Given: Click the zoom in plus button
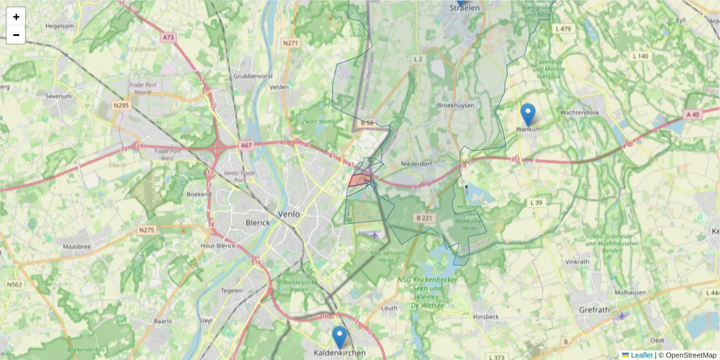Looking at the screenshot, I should (x=16, y=17).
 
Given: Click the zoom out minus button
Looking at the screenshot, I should (x=16, y=35).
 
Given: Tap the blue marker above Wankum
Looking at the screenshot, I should (x=528, y=115).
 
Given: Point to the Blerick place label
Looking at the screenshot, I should (x=258, y=222).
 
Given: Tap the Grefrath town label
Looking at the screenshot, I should (x=594, y=310).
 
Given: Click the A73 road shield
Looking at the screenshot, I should (x=168, y=37).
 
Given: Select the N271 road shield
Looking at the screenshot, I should (x=290, y=43).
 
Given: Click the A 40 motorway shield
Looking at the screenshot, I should (x=692, y=114).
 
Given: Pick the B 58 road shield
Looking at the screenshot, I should (x=367, y=122).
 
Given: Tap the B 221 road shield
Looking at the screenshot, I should (x=424, y=218).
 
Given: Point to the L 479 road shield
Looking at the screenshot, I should (x=563, y=28).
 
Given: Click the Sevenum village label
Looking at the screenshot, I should (x=59, y=96).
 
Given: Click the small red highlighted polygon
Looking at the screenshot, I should (x=359, y=179).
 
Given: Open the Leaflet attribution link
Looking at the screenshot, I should (x=641, y=355).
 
